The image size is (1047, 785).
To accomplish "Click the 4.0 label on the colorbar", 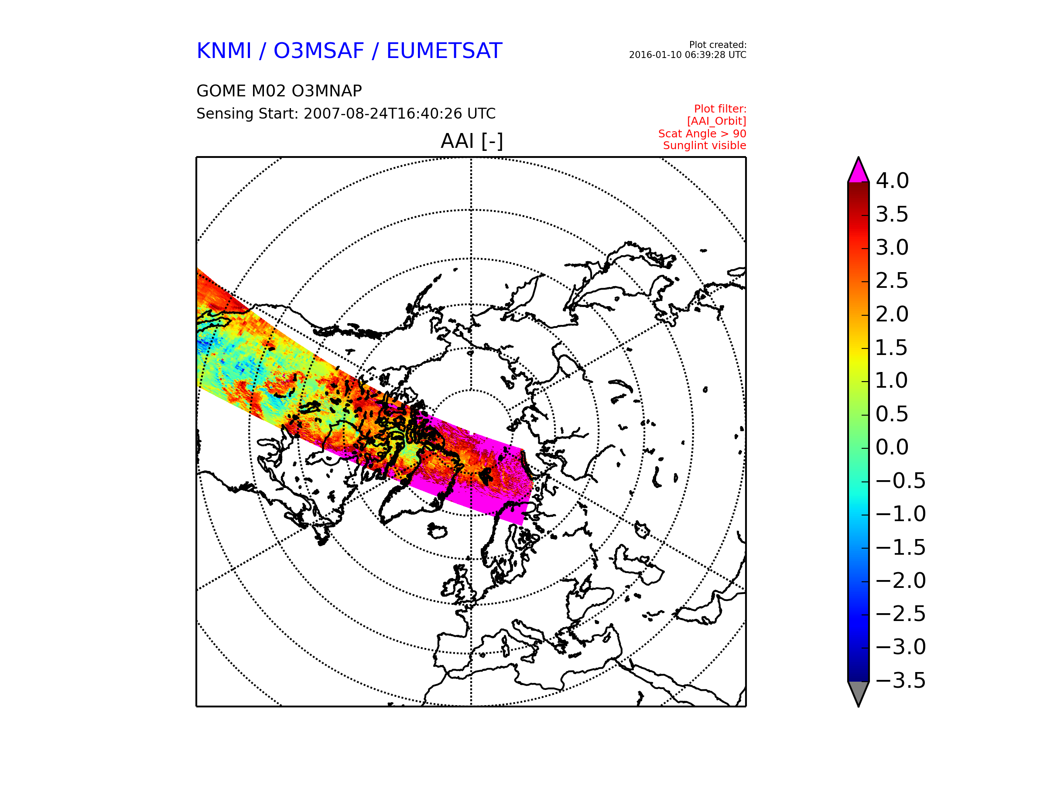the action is [x=892, y=181].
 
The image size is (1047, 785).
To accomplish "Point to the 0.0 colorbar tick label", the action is [x=892, y=447].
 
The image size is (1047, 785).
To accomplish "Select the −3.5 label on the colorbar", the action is [x=900, y=680].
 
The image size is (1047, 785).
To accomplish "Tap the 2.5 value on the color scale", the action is [x=892, y=280].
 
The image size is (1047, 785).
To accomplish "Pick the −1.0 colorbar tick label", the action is [x=900, y=514].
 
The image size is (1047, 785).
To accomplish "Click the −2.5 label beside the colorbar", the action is [x=900, y=614].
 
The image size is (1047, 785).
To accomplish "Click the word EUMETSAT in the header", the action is [x=444, y=51].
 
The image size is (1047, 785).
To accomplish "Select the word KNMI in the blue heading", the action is [x=224, y=51].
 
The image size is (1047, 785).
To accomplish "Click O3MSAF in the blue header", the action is [x=318, y=51].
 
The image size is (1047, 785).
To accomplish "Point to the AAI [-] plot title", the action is [x=472, y=141].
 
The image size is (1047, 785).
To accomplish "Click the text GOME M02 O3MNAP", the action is [x=279, y=91].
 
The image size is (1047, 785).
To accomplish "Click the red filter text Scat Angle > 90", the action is [x=702, y=134].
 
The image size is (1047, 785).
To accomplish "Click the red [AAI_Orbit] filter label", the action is [x=716, y=122].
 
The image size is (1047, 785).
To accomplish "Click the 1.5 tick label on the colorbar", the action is [x=892, y=347].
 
